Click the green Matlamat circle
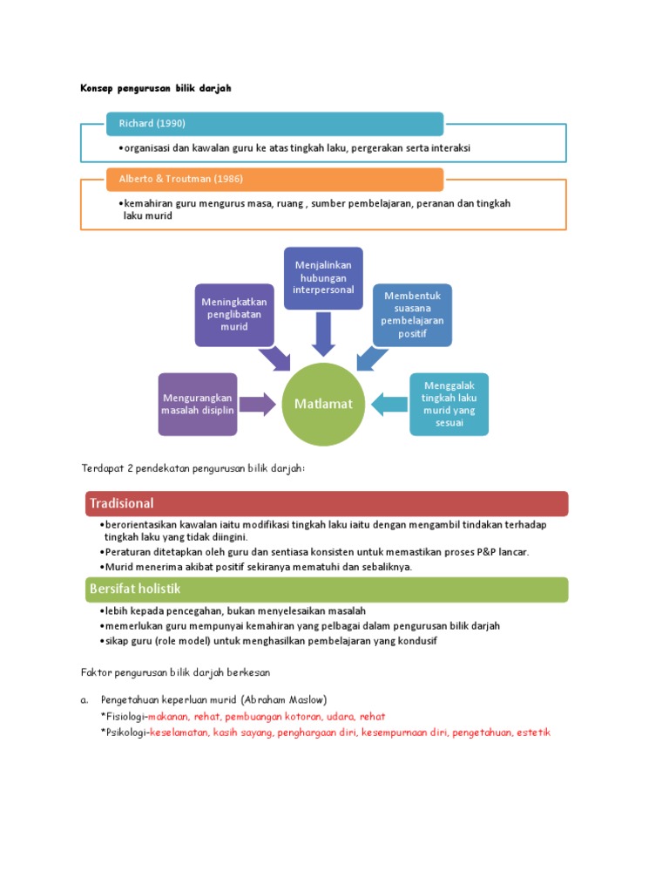[x=323, y=404]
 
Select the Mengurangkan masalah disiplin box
[x=197, y=404]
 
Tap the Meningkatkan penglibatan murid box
[x=234, y=314]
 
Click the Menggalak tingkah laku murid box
[x=449, y=404]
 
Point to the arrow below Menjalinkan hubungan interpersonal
[x=323, y=335]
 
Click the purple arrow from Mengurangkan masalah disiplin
[x=257, y=404]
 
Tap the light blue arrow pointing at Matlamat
[x=389, y=404]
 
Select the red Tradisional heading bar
[x=327, y=503]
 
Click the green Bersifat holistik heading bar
[x=327, y=590]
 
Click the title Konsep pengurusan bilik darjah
[x=156, y=88]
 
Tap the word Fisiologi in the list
[x=125, y=716]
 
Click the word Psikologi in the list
[x=126, y=733]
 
